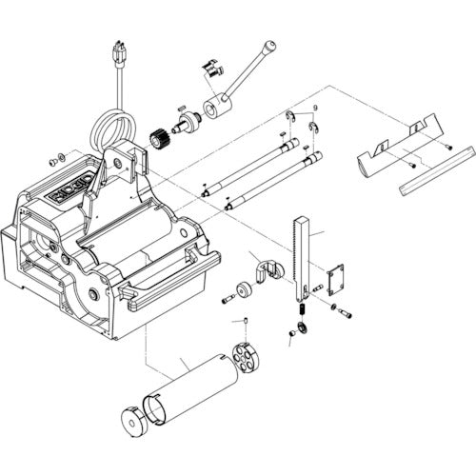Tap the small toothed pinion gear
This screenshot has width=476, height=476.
click(x=159, y=137)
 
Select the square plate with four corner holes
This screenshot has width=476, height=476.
click(x=334, y=281)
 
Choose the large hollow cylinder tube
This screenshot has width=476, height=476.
click(x=189, y=389)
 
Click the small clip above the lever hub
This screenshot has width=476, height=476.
click(x=210, y=69)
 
